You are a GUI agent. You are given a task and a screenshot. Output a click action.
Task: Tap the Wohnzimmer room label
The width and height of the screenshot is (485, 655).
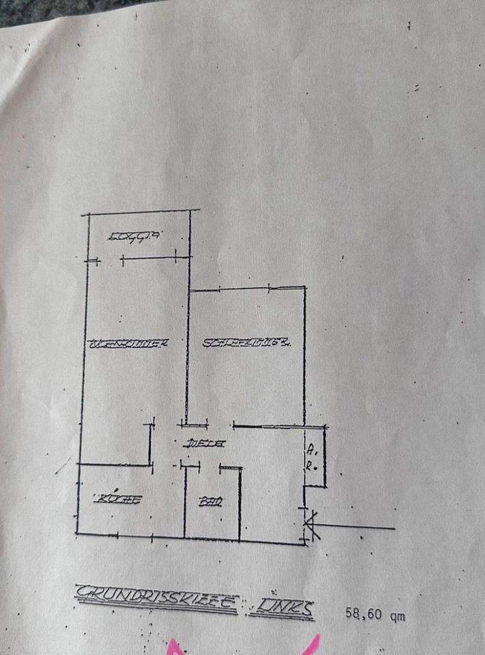[x=128, y=344]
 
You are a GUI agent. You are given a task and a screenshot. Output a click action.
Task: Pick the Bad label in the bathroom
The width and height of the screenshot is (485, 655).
[x=210, y=504]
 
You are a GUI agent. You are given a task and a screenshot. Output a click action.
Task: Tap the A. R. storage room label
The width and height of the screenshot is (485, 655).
[x=311, y=456]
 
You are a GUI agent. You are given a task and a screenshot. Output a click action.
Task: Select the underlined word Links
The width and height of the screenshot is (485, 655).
[x=281, y=607]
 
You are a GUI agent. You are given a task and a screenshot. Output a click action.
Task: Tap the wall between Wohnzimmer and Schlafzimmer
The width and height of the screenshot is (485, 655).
[x=188, y=355]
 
